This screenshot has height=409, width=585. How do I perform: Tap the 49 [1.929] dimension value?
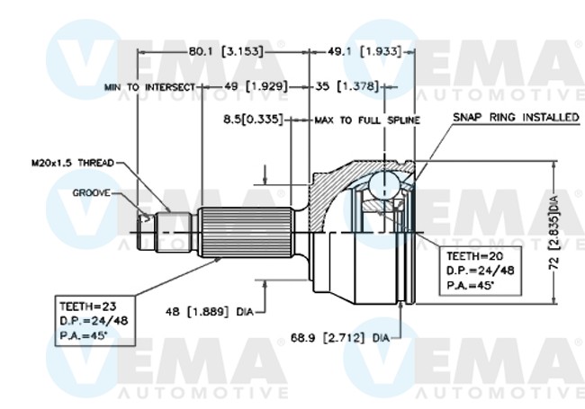pyautogui.click(x=252, y=86)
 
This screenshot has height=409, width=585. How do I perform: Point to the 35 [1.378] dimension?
pyautogui.click(x=346, y=86)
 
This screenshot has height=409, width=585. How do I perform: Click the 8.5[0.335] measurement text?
pyautogui.click(x=254, y=119)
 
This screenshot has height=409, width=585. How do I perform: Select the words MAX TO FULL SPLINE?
pyautogui.click(x=367, y=119)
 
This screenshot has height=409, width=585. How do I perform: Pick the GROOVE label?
pyautogui.click(x=92, y=192)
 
